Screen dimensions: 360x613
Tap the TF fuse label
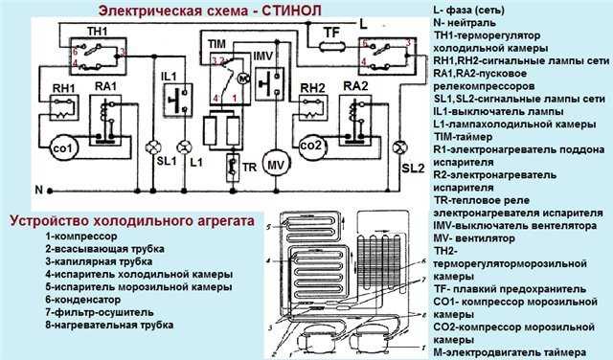coord(332,32)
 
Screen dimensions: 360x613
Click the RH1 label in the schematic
coord(64,88)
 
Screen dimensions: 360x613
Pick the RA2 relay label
coord(355,87)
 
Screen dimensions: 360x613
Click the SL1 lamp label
coord(167,160)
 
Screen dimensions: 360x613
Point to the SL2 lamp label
coord(412,169)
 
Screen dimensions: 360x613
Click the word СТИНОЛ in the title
coord(288,10)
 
